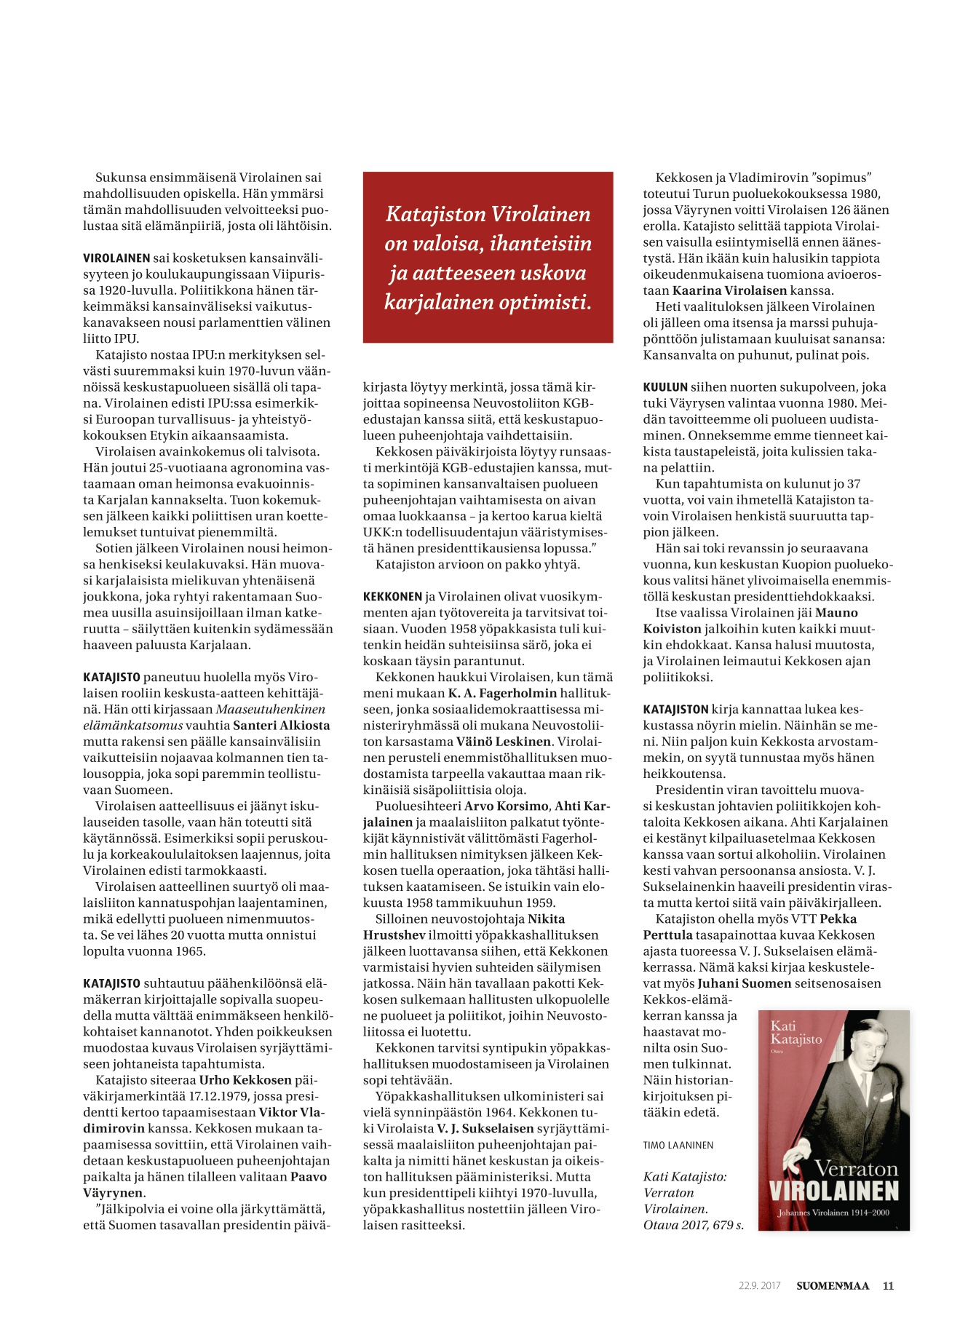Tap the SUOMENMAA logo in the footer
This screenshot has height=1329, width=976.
pos(833,1285)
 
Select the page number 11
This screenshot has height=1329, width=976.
pos(888,1285)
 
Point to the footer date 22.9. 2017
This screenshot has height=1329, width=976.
pos(759,1285)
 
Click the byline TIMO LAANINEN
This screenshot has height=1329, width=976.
pos(678,1145)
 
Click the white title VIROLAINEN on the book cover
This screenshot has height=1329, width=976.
pos(834,1191)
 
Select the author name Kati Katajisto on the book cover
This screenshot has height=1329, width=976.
pos(796,1032)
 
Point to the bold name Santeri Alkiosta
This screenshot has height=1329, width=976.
pos(281,725)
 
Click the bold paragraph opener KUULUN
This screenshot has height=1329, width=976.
pos(665,387)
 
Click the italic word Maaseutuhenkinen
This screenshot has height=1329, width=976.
pos(271,709)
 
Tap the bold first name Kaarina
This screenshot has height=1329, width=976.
pos(697,290)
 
